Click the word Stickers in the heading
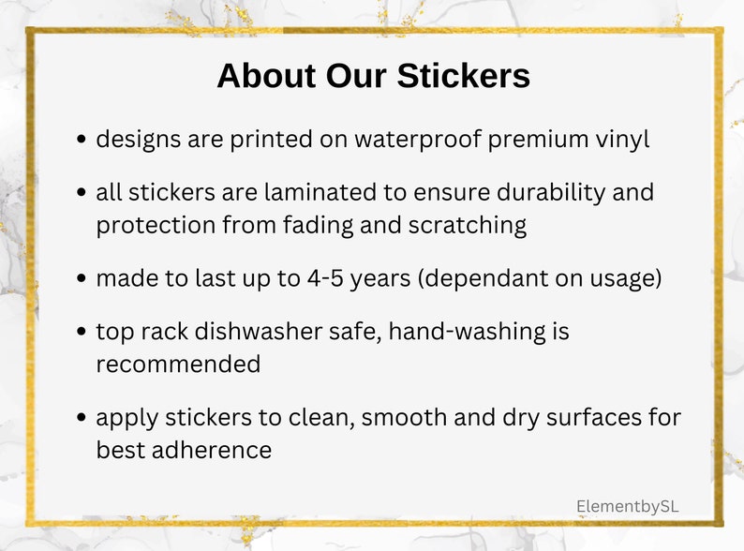click(460, 76)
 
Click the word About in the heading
click(265, 76)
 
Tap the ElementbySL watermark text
click(627, 506)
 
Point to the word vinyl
click(619, 140)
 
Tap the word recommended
click(178, 365)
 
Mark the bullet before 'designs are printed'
click(82, 141)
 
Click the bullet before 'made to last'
click(82, 280)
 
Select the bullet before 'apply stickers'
click(82, 418)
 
